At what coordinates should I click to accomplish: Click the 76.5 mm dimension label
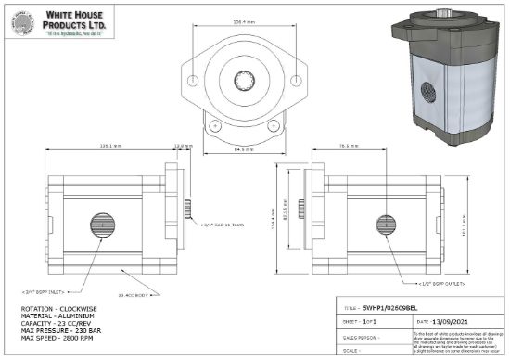point(348,146)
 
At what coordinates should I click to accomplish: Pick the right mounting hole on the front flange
point(273,123)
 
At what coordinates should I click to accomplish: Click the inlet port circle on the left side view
point(102,225)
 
